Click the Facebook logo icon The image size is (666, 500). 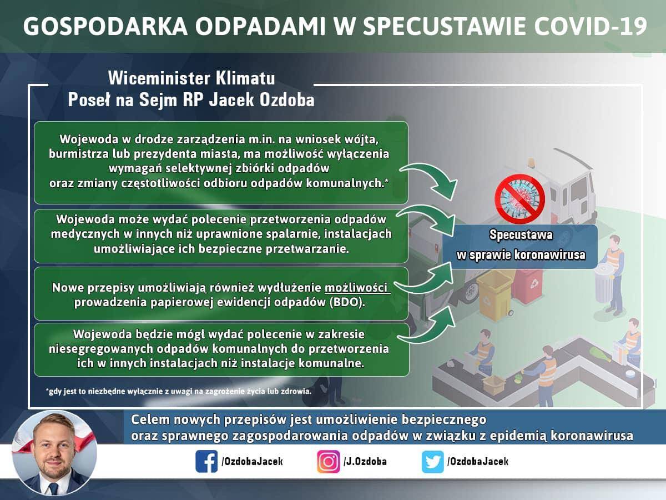206,462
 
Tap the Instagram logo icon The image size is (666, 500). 329,462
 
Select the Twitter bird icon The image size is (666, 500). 433,462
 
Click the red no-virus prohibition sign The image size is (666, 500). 519,199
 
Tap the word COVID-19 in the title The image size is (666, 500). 591,26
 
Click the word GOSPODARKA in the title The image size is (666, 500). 105,26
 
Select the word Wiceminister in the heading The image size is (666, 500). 158,78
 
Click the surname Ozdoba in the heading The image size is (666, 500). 287,99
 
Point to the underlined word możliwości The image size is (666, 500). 357,288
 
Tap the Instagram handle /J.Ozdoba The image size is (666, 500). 365,462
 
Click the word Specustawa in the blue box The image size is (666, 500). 521,235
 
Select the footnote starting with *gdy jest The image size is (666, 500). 179,391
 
